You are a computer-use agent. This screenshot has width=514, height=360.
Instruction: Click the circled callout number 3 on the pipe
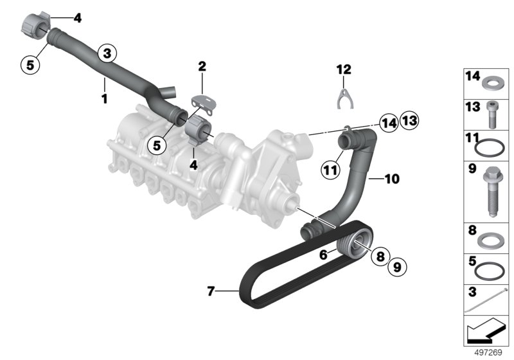click(x=107, y=53)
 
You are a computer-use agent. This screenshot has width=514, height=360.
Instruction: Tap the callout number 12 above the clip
click(x=344, y=69)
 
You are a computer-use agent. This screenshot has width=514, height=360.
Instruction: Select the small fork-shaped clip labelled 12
click(x=345, y=99)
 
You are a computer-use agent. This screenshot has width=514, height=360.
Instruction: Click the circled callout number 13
click(x=409, y=121)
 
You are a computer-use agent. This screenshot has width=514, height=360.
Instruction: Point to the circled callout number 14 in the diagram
click(x=389, y=123)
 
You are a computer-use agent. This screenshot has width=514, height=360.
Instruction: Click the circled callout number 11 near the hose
click(x=330, y=170)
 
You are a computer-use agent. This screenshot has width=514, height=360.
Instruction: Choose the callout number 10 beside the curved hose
click(x=392, y=179)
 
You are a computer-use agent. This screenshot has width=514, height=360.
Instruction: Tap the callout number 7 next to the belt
click(x=211, y=291)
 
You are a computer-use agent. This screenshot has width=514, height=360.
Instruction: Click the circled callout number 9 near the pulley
click(x=397, y=267)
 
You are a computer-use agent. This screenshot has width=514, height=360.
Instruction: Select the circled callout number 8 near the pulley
click(x=380, y=256)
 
